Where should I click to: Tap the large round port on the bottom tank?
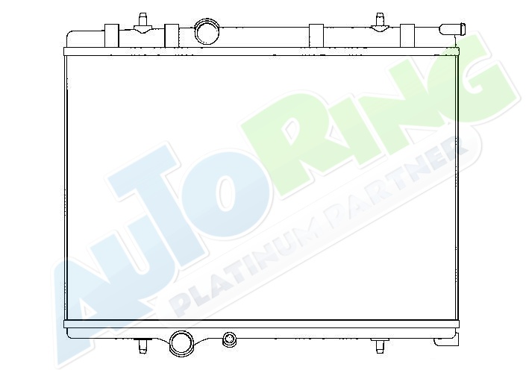coord(181,342)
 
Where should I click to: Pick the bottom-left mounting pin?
coord(143,345)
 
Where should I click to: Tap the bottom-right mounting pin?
coord(380,345)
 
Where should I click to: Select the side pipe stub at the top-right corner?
coord(452,29)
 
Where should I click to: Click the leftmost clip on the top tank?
coord(112,35)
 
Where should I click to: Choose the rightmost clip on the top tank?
coord(407,35)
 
